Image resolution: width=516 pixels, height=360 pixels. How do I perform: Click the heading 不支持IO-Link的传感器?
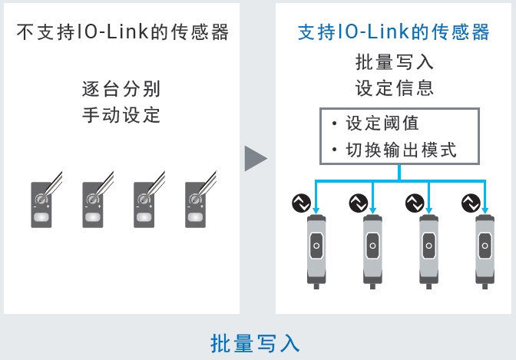[122, 33]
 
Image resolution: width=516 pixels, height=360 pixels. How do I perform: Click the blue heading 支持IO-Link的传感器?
[394, 33]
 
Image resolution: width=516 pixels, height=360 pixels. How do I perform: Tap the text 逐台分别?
[122, 88]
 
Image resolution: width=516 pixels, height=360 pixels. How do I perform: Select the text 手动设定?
[122, 115]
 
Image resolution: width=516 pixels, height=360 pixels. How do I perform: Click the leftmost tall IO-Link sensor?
[316, 249]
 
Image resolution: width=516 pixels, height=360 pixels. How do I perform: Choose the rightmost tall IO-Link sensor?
[485, 249]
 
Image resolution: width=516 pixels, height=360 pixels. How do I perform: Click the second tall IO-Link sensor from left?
[372, 249]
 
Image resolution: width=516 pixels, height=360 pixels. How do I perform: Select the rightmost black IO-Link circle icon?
[471, 203]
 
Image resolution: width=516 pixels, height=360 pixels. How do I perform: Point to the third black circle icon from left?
[415, 203]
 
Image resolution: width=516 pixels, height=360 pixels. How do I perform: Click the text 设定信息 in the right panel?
[395, 88]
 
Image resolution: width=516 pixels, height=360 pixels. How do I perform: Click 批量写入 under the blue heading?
[395, 61]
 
